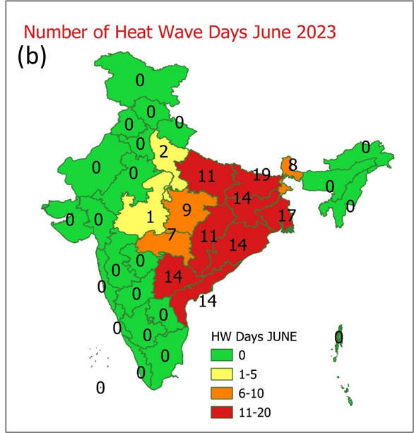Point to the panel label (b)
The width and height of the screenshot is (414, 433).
click(x=32, y=57)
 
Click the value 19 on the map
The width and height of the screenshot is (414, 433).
click(x=261, y=174)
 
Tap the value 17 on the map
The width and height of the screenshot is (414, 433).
click(x=286, y=214)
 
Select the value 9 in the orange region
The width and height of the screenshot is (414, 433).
click(x=187, y=210)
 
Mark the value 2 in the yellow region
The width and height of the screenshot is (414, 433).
click(x=163, y=151)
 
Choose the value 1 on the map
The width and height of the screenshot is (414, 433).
click(x=150, y=217)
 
